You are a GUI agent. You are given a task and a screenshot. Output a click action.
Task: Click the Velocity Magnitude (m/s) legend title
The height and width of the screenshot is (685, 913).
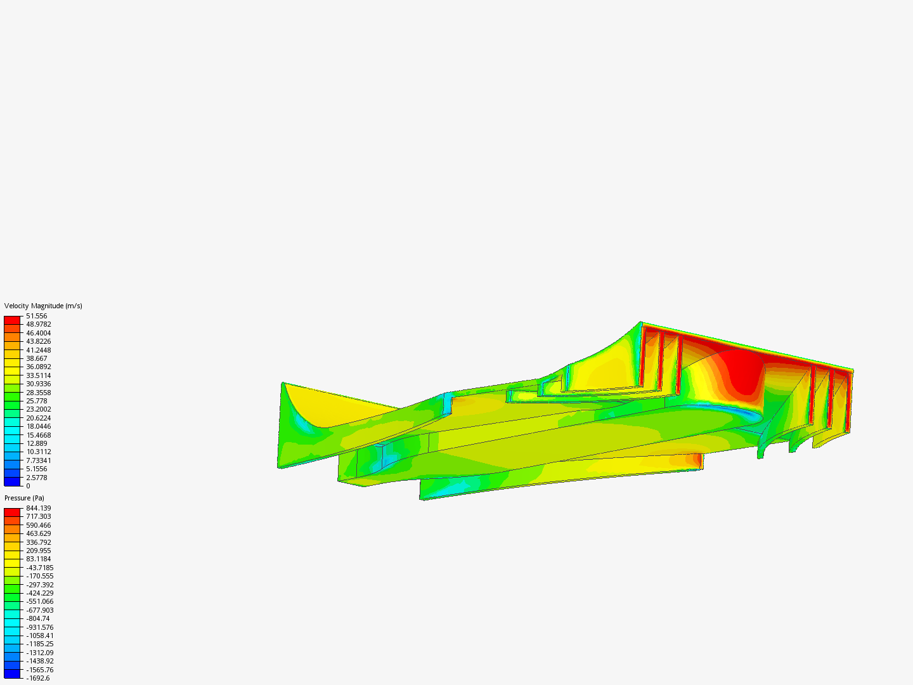(x=43, y=306)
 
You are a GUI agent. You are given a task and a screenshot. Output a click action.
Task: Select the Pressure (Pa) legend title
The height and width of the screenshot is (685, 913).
(x=24, y=499)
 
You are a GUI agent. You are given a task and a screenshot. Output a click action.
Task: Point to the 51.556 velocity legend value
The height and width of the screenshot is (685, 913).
(x=37, y=316)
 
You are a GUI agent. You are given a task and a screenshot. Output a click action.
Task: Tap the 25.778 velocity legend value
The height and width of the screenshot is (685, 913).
(x=37, y=401)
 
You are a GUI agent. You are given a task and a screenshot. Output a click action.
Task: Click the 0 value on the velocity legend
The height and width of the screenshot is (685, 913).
(x=29, y=486)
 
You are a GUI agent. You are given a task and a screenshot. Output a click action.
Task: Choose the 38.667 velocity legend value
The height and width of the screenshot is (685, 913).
(x=37, y=358)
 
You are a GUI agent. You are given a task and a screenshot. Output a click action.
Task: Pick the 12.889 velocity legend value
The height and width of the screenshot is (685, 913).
(x=37, y=443)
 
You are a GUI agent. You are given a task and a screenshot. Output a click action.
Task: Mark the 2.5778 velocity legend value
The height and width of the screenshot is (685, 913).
(x=37, y=478)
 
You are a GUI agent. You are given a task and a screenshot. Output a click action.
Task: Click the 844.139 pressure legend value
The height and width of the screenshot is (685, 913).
(x=39, y=508)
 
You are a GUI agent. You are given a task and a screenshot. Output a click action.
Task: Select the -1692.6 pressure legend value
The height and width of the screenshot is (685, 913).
(x=38, y=679)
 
